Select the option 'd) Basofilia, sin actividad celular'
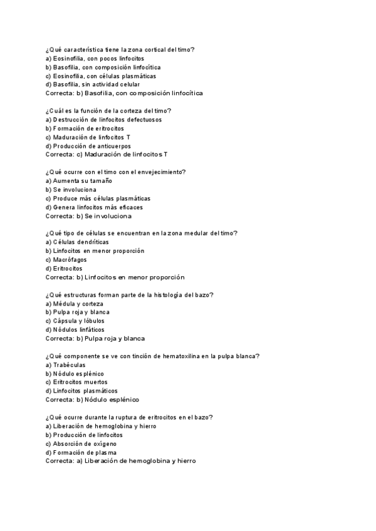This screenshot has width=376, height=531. pos(93,85)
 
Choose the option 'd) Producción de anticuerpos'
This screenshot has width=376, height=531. pos(88,145)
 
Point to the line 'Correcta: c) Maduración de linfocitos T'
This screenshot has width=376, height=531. pos(107,154)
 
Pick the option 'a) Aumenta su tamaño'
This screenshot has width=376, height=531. pos(79,180)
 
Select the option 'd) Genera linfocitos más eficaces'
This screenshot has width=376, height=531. pos(94,207)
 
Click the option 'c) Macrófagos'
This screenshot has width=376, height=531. pos(66,259)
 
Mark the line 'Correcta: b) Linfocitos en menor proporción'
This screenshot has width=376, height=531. pos(115,277)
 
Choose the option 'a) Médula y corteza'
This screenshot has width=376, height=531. pos(75,303)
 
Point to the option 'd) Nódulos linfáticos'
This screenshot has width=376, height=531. pos(75,329)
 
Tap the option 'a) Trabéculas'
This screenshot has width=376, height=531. pos(66,364)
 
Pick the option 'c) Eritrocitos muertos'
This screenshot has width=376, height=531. pos(76,382)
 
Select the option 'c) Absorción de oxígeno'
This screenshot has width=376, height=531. pos(81,443)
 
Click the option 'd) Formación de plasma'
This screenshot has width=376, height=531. pos(81,452)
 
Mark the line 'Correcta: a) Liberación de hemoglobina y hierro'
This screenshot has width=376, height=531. pos(121,461)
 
